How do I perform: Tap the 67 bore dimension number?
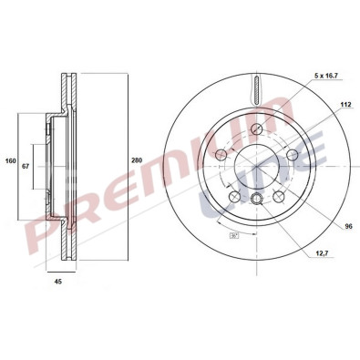[x=26, y=166]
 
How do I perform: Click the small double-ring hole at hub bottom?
[x=258, y=201]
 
